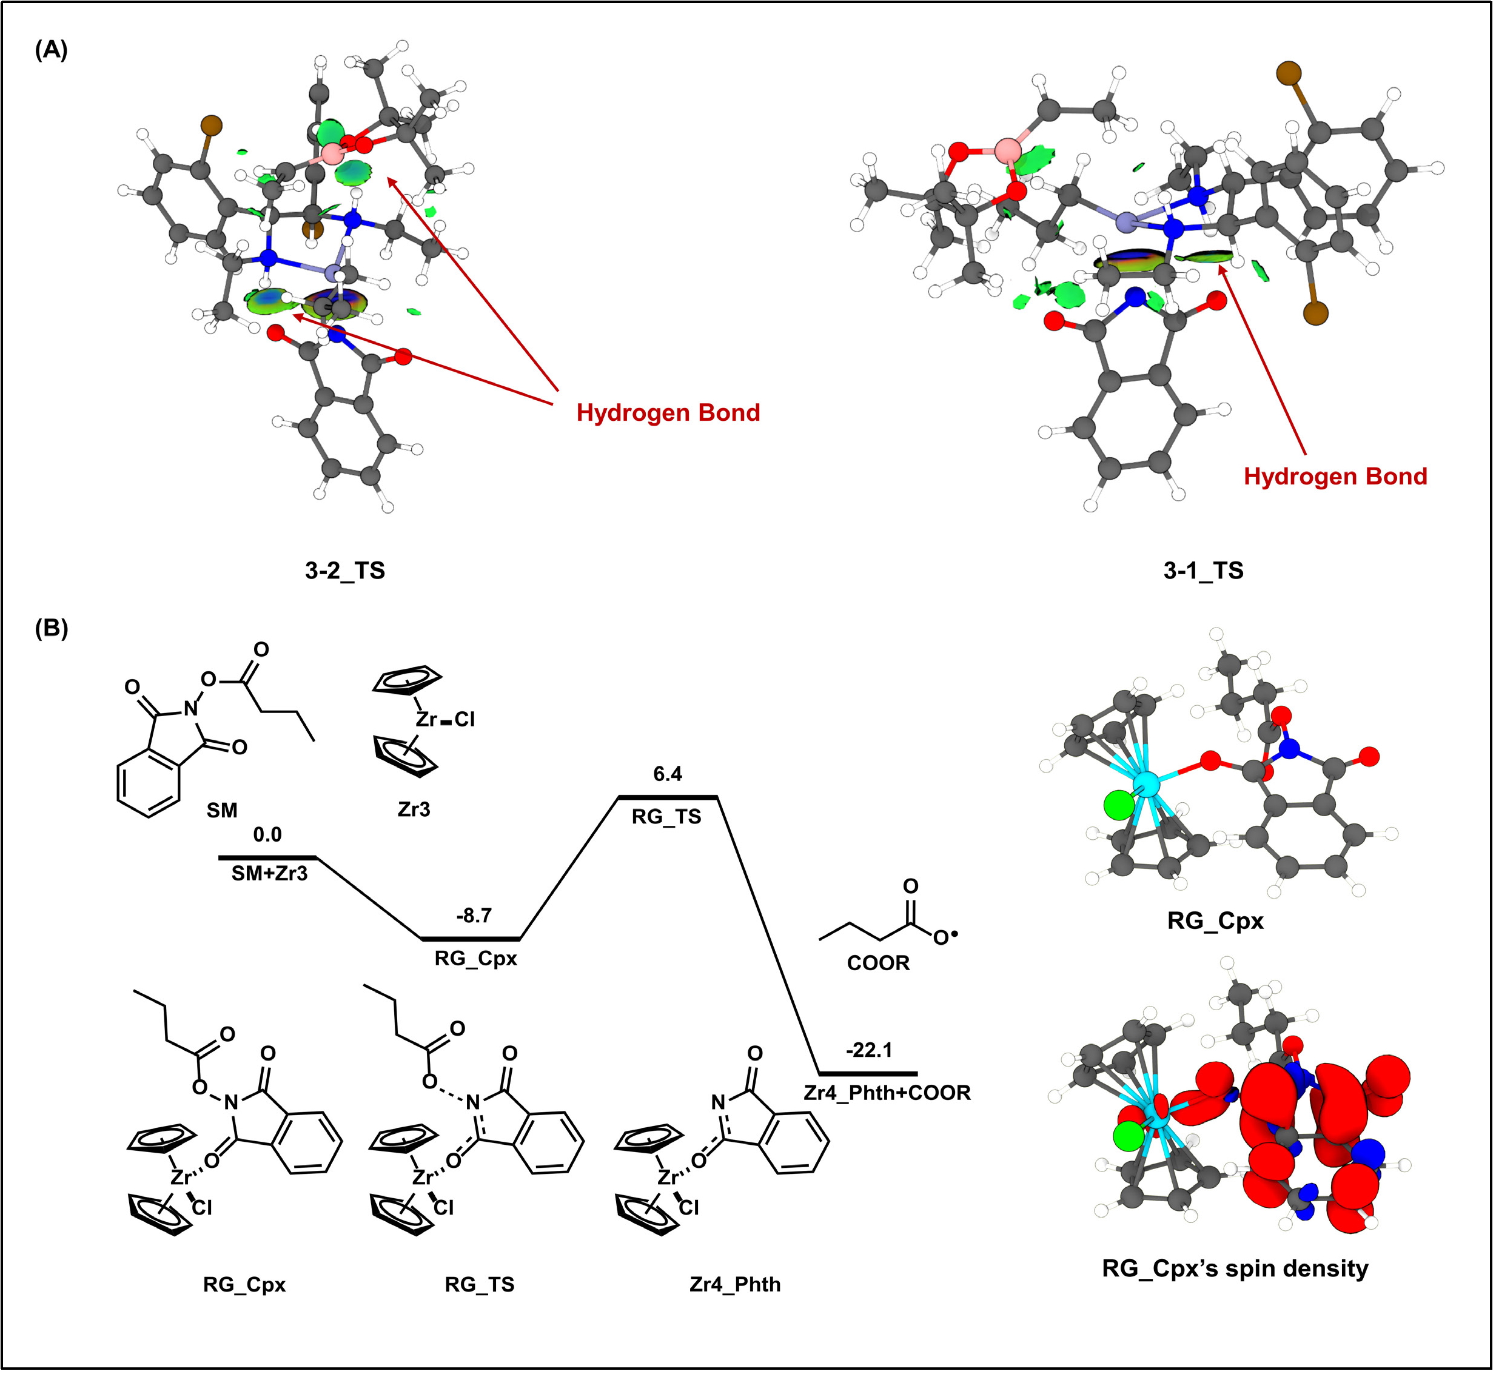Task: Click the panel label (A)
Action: [52, 50]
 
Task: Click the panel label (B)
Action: [52, 628]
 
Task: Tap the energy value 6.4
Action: [668, 774]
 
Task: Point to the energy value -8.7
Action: [474, 915]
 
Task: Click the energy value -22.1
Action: [868, 1050]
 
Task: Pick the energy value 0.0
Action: [267, 834]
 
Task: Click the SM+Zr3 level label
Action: [269, 874]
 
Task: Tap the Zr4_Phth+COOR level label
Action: [887, 1093]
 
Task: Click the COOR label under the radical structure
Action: [878, 963]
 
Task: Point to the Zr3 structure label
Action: [414, 809]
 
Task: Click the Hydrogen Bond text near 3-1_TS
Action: [1335, 476]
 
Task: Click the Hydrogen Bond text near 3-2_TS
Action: [668, 413]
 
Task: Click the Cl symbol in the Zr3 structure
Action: [464, 719]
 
